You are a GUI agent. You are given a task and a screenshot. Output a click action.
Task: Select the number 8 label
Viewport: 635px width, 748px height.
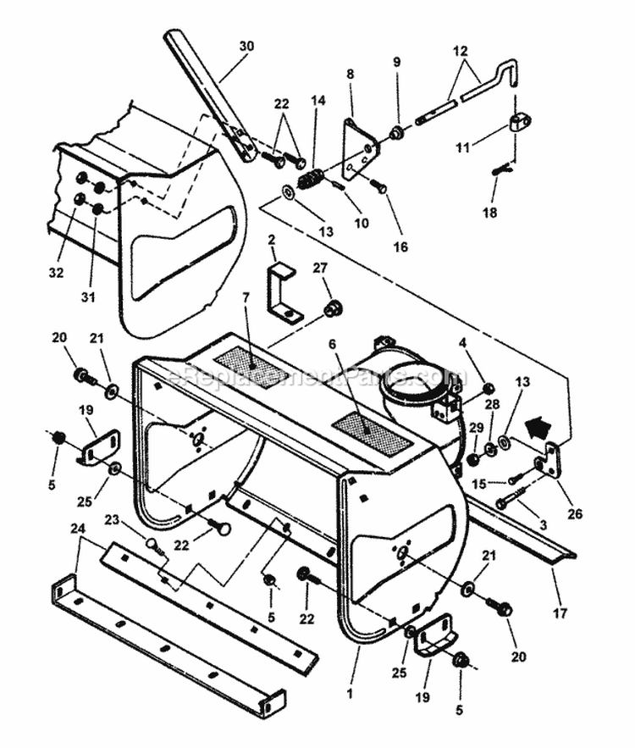point(350,74)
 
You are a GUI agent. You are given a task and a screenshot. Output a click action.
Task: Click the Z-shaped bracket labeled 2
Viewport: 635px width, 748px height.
point(283,294)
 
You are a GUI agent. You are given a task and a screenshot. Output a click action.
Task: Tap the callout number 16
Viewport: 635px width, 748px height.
point(400,247)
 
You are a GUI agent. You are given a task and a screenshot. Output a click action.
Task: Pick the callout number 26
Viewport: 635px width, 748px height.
point(577,513)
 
